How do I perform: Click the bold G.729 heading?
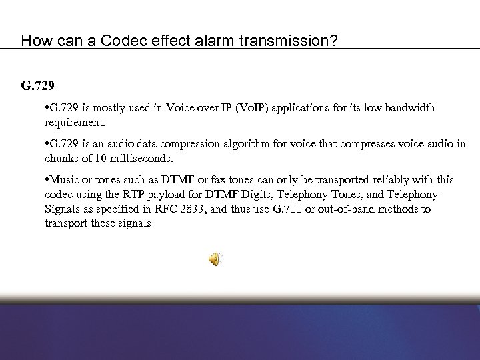(x=37, y=86)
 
